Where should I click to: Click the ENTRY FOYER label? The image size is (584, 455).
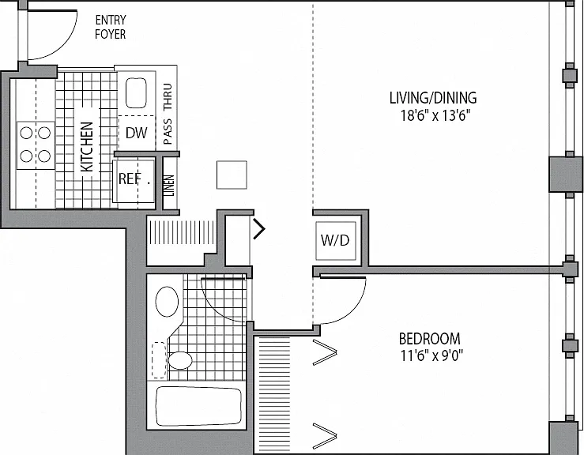click(111, 27)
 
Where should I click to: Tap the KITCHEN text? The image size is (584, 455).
click(86, 147)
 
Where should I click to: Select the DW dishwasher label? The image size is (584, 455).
click(136, 133)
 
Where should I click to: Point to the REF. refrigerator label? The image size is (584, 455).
click(134, 179)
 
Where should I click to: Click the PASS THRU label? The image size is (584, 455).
click(168, 114)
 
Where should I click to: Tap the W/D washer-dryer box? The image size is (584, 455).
click(336, 240)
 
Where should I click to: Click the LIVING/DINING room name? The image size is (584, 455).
click(433, 98)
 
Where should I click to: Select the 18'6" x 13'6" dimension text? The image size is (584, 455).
click(433, 116)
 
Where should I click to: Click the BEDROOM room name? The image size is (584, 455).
click(429, 339)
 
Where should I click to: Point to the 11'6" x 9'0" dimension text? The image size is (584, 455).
click(431, 356)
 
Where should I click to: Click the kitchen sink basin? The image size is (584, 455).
click(136, 93)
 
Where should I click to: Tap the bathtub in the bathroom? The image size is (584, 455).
click(198, 406)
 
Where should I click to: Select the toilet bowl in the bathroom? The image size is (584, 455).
click(180, 360)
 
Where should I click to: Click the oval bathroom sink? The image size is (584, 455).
click(167, 302)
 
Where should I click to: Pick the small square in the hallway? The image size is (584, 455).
click(232, 175)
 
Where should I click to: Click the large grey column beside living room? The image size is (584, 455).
click(565, 175)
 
